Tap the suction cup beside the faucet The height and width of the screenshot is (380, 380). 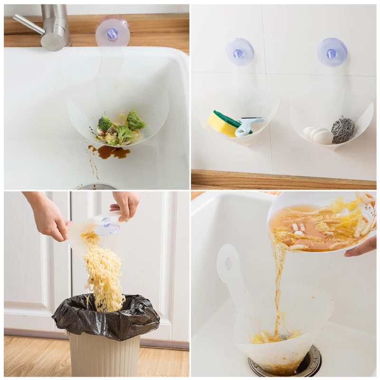tap(113, 33)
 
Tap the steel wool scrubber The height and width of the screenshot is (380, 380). tap(342, 130)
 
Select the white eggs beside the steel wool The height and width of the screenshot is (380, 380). tap(319, 135)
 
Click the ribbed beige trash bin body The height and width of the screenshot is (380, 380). tap(104, 356)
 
